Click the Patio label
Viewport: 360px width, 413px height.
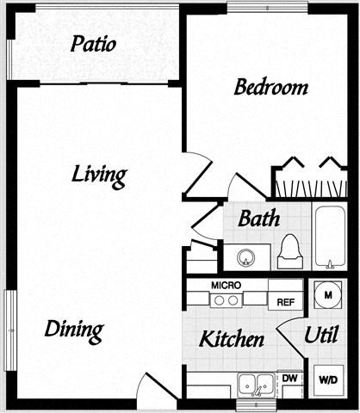(x=93, y=44)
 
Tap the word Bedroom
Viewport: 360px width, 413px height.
(x=271, y=87)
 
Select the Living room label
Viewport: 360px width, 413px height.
(x=99, y=176)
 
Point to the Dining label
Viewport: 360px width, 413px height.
(x=74, y=331)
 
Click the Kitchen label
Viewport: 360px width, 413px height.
(x=232, y=339)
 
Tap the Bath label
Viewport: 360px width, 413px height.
(x=259, y=219)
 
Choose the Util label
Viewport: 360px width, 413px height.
(x=321, y=335)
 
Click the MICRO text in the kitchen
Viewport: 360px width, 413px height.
(x=227, y=286)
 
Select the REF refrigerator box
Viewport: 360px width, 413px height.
(x=285, y=301)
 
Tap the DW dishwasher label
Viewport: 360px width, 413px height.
(x=289, y=378)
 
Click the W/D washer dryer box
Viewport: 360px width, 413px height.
(x=328, y=380)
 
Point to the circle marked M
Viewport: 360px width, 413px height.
(x=328, y=295)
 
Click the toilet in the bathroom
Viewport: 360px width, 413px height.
(x=290, y=251)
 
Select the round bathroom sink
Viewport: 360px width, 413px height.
(x=246, y=257)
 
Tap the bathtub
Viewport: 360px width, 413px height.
(x=330, y=237)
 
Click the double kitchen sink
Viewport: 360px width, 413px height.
(x=257, y=385)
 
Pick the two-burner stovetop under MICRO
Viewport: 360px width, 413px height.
(x=227, y=300)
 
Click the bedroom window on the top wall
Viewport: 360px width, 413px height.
(x=267, y=8)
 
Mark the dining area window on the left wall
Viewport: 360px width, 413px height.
(x=10, y=330)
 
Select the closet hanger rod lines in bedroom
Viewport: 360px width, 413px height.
(x=311, y=188)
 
